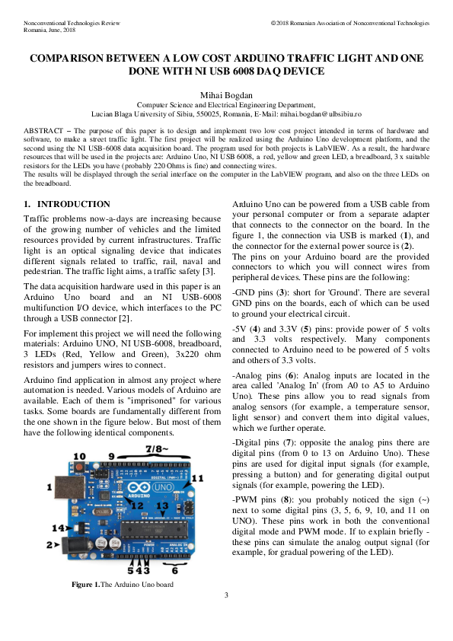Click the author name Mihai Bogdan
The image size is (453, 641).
[226, 94]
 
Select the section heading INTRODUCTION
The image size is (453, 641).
[74, 204]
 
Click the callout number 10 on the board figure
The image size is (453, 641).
[78, 456]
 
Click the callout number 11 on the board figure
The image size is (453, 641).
[198, 477]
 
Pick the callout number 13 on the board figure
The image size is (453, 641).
[162, 505]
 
